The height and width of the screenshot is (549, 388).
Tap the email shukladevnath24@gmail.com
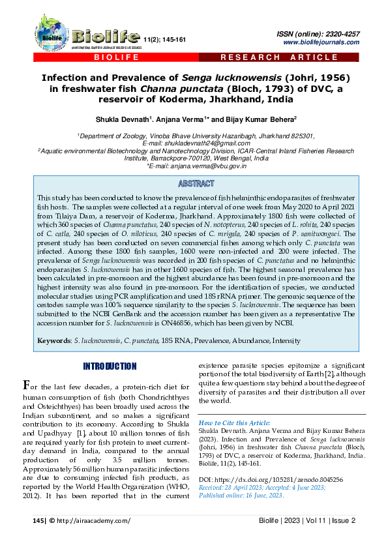coord(196,143)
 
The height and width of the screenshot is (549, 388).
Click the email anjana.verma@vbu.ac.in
coord(210,166)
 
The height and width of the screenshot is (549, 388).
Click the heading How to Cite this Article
coord(233,423)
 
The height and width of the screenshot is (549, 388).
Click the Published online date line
coord(240,496)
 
